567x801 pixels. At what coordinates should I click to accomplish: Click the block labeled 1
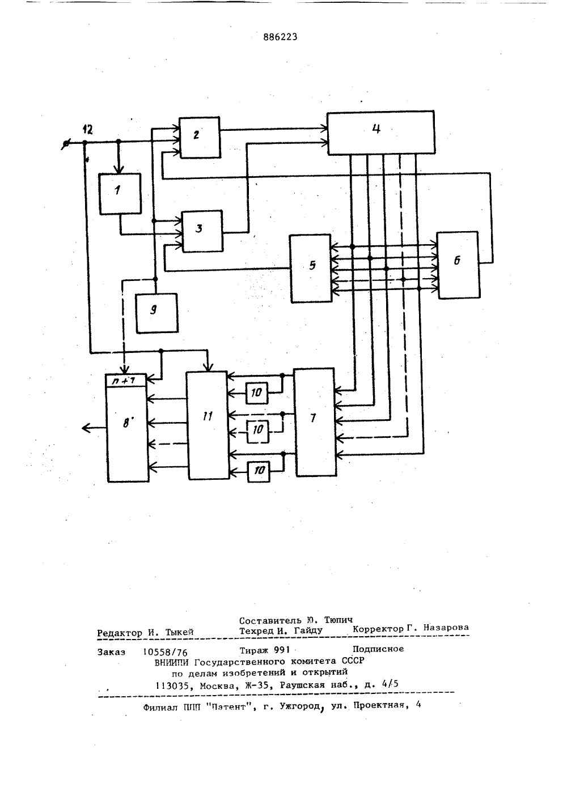pos(120,194)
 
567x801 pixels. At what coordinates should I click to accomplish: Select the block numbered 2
pos(200,137)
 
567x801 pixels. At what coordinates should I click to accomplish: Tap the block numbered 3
pos(202,231)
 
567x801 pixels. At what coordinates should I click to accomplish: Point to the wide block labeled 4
pos(381,133)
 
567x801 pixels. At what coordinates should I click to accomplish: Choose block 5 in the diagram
pos(311,269)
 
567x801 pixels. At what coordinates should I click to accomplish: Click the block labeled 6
pos(458,265)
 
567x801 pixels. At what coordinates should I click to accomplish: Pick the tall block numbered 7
pos(315,423)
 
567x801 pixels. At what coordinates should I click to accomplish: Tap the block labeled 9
pos(157,313)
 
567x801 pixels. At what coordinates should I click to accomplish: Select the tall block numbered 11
pos(208,425)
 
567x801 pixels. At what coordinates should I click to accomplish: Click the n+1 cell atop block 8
pos(126,381)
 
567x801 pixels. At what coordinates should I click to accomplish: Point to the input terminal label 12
pos(87,130)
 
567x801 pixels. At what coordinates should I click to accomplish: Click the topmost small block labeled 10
pos(256,393)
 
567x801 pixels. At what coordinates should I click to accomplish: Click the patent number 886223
pos(280,37)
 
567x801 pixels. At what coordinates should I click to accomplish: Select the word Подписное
pos(378,649)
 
